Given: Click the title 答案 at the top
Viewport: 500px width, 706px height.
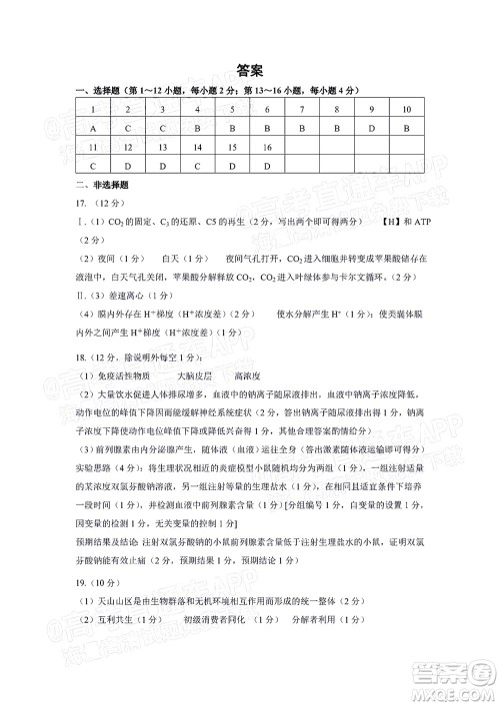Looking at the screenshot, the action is pyautogui.click(x=250, y=71).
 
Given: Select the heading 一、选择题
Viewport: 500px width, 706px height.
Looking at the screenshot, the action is pyautogui.click(x=96, y=92).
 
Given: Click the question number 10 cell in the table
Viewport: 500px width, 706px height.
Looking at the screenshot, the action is pyautogui.click(x=407, y=110).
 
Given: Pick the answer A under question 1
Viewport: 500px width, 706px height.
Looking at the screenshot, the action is pyautogui.click(x=92, y=129).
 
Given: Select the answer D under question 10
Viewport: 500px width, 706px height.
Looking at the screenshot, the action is pyautogui.click(x=407, y=129).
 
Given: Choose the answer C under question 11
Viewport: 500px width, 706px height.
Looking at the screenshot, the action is pyautogui.click(x=92, y=166).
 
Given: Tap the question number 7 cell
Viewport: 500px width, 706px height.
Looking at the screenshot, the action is pyautogui.click(x=302, y=110).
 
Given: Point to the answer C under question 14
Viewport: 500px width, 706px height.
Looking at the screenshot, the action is pyautogui.click(x=197, y=166).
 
